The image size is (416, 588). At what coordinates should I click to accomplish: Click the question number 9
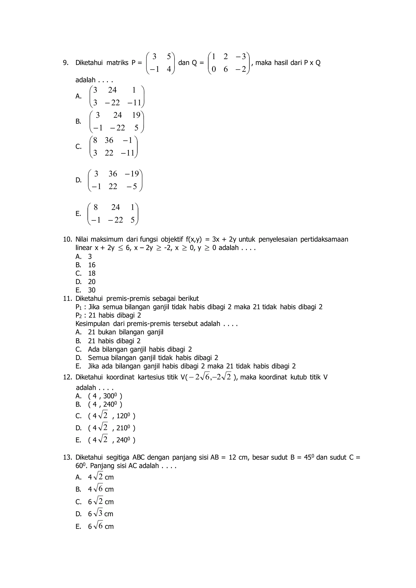(66, 63)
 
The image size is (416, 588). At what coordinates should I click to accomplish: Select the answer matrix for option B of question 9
(117, 121)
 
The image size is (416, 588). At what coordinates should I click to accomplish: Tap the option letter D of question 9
(78, 180)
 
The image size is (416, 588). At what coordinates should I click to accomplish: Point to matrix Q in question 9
(229, 63)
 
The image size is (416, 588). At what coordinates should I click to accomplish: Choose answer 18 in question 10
(92, 273)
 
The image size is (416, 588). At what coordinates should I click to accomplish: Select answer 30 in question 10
(92, 290)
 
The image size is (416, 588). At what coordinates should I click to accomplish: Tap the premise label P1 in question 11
(78, 307)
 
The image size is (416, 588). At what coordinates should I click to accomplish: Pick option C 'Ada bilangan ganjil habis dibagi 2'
(140, 349)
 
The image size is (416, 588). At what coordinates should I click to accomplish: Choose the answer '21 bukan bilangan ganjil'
(126, 332)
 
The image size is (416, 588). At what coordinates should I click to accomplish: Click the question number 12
(67, 377)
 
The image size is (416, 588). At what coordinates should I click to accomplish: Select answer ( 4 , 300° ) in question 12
(105, 396)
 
